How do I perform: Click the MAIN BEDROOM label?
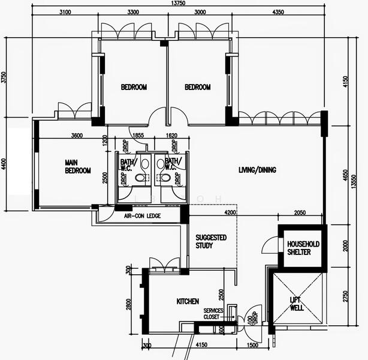pos(78,166)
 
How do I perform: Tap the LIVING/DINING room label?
pos(257,170)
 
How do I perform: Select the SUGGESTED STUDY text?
pos(211,241)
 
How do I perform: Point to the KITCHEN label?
pos(188,301)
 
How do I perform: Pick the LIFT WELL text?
pos(297,304)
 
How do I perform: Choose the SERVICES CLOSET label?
pos(213,313)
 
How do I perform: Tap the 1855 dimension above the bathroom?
pos(138,136)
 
